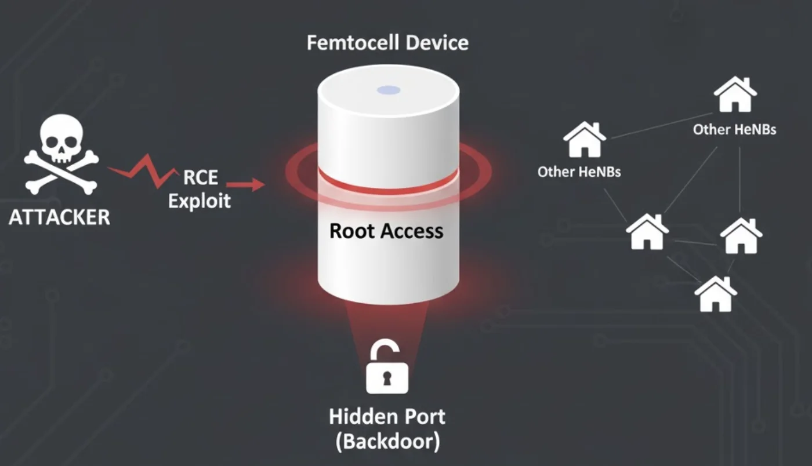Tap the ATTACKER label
pos(59,217)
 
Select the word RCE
pos(200,177)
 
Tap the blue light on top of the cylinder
pos(388,90)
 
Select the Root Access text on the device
pos(386,231)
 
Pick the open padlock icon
pos(387,368)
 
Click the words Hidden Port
pos(387,416)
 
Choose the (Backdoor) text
pos(387,442)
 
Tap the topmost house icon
pos(735,95)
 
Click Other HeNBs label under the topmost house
pos(734,129)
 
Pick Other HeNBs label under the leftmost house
pos(579,172)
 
